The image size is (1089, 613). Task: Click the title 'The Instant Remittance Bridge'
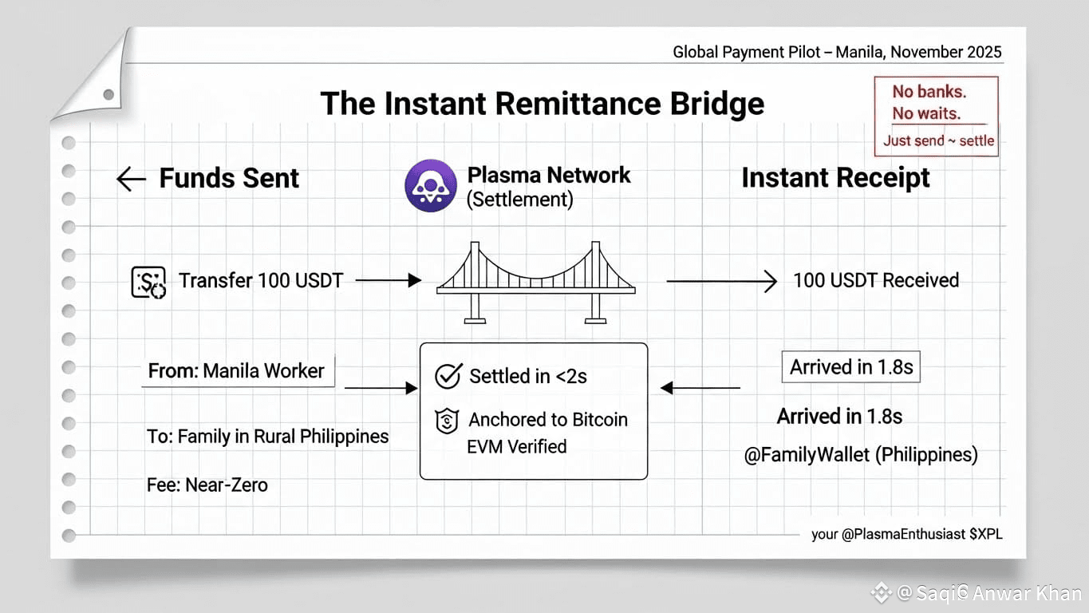click(x=542, y=105)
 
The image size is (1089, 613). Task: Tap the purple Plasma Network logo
click(x=431, y=186)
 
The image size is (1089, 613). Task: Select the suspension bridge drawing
click(x=535, y=281)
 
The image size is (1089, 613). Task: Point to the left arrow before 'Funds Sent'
click(x=131, y=179)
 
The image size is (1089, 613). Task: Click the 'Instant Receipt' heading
click(x=835, y=178)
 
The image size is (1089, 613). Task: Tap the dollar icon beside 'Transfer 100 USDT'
click(x=148, y=283)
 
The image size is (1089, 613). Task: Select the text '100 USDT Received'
click(x=876, y=280)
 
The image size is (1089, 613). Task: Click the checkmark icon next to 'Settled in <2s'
click(x=448, y=377)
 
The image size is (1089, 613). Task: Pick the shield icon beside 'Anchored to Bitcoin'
click(x=447, y=421)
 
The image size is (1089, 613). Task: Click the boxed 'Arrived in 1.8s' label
click(x=850, y=368)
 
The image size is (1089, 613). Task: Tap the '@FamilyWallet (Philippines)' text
click(x=861, y=455)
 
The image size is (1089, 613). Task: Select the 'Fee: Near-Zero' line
click(x=207, y=484)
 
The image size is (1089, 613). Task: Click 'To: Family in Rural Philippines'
click(x=268, y=437)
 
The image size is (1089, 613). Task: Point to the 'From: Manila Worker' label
click(x=237, y=371)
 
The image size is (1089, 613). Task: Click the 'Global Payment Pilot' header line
click(x=837, y=53)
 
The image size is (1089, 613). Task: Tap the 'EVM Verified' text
click(x=516, y=447)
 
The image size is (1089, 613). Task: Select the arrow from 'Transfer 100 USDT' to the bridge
click(x=388, y=280)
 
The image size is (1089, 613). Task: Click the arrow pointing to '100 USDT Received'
click(x=721, y=281)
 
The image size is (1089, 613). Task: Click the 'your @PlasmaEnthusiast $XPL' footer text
click(x=906, y=534)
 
